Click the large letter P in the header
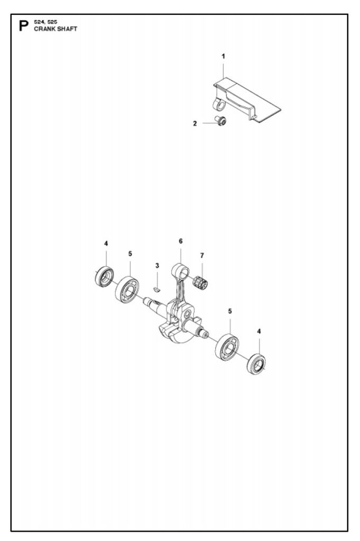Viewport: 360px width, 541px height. tap(23, 26)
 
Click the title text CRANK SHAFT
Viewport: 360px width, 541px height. tap(56, 29)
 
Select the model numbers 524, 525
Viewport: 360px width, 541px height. tap(45, 23)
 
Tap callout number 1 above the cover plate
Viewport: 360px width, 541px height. tap(223, 55)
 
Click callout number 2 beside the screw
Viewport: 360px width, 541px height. tap(195, 123)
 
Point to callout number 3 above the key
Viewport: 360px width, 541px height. tap(157, 265)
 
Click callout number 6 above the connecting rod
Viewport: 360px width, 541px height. tap(180, 241)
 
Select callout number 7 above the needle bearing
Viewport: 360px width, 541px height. tap(202, 256)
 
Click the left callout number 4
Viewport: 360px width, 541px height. tap(106, 244)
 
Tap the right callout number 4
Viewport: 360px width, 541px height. tap(259, 331)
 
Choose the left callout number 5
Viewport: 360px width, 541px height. tap(130, 254)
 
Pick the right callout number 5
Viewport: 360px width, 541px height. tap(230, 312)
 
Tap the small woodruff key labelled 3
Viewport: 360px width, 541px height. tap(156, 289)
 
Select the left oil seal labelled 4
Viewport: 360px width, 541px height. tap(105, 277)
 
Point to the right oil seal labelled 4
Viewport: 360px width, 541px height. tap(256, 364)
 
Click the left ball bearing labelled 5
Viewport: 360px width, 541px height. tap(127, 290)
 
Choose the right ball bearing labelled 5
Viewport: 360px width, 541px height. tap(227, 347)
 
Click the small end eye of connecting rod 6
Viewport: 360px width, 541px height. tap(182, 273)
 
